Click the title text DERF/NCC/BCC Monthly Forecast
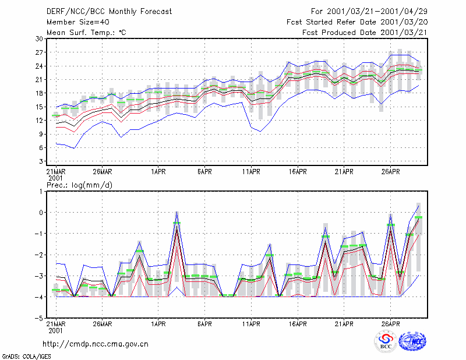(109, 12)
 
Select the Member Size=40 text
(78, 22)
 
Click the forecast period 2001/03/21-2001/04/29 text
(369, 12)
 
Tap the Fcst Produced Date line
(365, 33)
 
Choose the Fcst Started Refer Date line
(357, 22)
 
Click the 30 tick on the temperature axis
(39, 38)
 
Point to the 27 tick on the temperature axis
(39, 52)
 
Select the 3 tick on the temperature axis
(41, 161)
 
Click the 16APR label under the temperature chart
(298, 172)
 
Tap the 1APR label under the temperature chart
(158, 172)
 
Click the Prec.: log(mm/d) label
(79, 185)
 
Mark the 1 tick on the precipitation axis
(41, 191)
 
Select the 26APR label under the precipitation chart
(390, 324)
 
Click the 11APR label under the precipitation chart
(251, 324)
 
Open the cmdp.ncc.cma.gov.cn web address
(96, 344)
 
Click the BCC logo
(386, 341)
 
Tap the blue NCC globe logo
(413, 341)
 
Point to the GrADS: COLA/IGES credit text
(26, 357)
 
